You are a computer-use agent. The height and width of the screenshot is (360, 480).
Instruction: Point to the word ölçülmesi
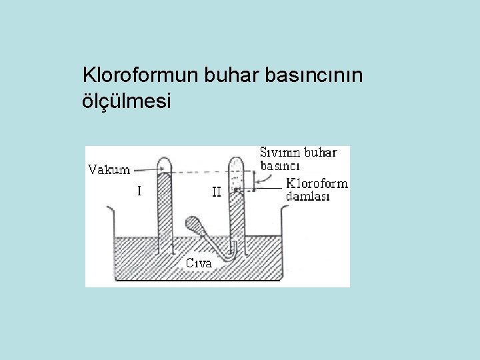pyautogui.click(x=126, y=101)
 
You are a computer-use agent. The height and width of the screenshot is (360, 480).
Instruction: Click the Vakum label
pyautogui.click(x=109, y=169)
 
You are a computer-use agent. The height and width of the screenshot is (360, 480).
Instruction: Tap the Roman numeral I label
pyautogui.click(x=139, y=191)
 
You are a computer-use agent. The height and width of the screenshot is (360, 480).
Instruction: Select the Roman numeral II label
pyautogui.click(x=216, y=192)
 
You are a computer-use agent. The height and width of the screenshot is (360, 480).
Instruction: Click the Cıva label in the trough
pyautogui.click(x=198, y=263)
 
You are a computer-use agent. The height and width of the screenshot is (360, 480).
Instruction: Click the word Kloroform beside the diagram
pyautogui.click(x=317, y=183)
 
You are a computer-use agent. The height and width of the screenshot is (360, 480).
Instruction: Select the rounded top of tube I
pyautogui.click(x=163, y=162)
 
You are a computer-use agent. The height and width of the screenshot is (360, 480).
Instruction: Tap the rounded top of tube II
pyautogui.click(x=237, y=161)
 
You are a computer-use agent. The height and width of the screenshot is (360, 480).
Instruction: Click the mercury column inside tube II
pyautogui.click(x=237, y=220)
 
